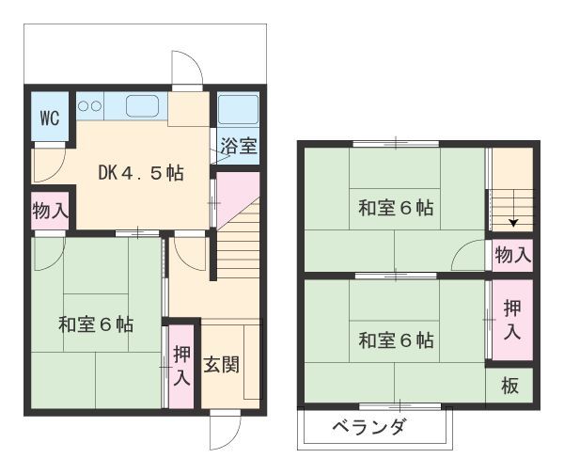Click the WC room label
pos(50,118)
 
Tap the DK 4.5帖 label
pos(141,173)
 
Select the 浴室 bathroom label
pos(239,146)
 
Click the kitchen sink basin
pos(142,106)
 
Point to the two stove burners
pos(89,106)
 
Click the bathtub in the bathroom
pos(238,109)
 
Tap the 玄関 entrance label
pos(221,365)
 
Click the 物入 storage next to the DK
pos(51,210)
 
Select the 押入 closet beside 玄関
pos(181,366)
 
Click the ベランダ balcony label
pos(369,427)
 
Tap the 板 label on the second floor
pos(510,386)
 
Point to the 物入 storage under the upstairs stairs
pos(513,255)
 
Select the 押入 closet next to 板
pos(512,320)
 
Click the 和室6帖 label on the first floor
pos(96,324)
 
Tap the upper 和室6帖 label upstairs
pos(396,208)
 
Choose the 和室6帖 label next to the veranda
pos(396,340)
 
